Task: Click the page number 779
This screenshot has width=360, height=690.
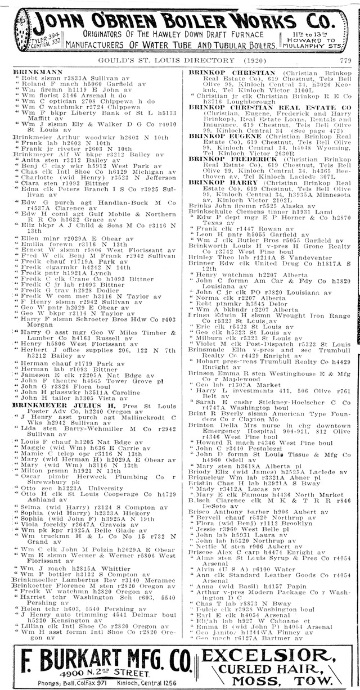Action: coord(345,60)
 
